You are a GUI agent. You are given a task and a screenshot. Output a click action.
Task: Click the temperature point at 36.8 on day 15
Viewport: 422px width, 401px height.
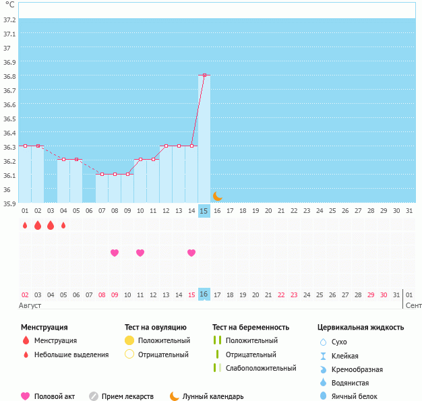pos(204,75)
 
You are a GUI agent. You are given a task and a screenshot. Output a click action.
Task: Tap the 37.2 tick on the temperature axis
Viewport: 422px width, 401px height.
pos(9,20)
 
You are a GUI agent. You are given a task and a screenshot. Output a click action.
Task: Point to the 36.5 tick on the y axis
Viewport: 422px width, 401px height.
pos(9,119)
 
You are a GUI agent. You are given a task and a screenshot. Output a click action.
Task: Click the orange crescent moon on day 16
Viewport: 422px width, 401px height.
pos(217,196)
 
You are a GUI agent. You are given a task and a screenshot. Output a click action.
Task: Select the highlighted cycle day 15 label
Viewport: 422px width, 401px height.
pos(204,211)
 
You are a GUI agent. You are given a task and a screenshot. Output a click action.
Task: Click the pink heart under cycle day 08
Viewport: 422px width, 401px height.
pos(115,253)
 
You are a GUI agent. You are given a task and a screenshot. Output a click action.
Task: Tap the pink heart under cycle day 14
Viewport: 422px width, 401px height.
pos(191,253)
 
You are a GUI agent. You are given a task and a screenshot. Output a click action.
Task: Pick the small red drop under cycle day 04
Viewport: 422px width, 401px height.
pos(63,225)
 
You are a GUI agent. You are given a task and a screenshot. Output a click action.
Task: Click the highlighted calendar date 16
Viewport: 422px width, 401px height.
pos(204,295)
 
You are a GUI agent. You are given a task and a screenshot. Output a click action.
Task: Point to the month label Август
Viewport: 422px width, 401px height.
pos(31,305)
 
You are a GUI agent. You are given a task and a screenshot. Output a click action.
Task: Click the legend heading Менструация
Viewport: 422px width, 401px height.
pos(44,328)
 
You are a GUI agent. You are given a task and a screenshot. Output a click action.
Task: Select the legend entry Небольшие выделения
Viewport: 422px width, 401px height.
pos(71,354)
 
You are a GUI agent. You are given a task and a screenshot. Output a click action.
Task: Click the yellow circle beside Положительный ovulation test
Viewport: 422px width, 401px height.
pos(129,340)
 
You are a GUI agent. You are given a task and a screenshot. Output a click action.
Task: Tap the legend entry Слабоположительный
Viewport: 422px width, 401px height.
pos(261,368)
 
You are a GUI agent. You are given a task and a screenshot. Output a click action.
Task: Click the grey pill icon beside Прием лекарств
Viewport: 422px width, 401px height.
pos(94,397)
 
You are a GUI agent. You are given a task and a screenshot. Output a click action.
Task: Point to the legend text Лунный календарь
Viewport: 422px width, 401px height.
pos(214,397)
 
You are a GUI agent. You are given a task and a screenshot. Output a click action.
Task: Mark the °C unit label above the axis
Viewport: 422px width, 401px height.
pos(9,5)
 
